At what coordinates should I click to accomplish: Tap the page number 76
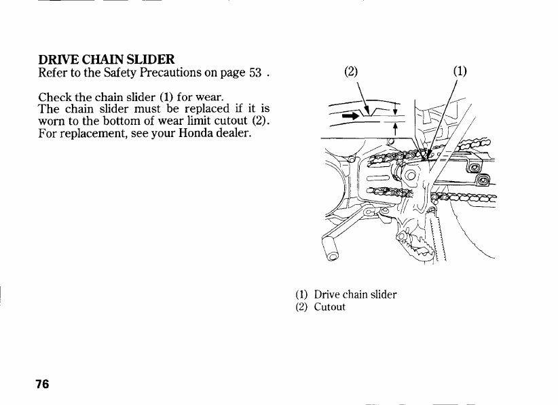(43, 385)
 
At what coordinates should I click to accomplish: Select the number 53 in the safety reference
(254, 73)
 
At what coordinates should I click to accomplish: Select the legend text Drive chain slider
(355, 294)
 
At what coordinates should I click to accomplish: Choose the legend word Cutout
(330, 307)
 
